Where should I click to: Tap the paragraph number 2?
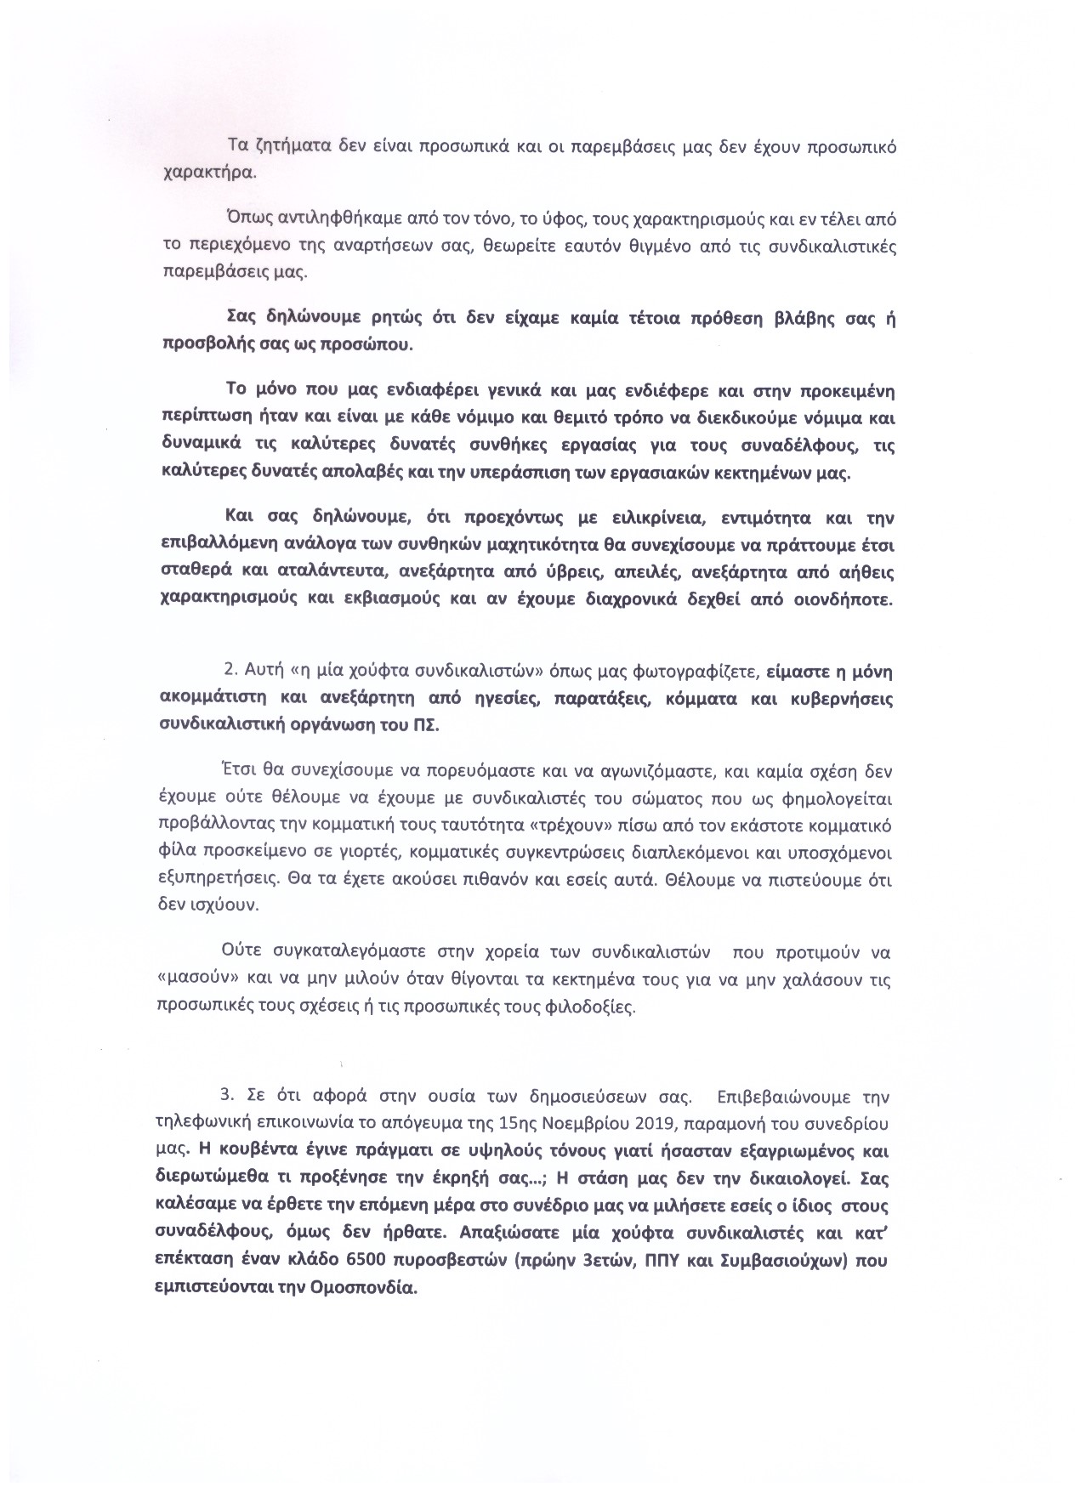pos(228,670)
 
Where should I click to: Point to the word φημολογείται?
pos(844,799)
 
